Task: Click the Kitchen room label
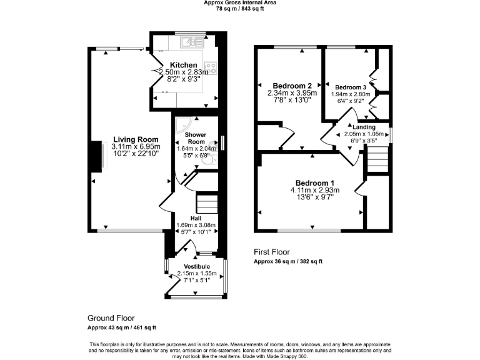pyautogui.click(x=184, y=65)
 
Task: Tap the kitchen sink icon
pyautogui.click(x=188, y=42)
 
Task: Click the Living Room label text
pyautogui.click(x=136, y=139)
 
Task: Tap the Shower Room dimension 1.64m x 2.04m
pyautogui.click(x=196, y=149)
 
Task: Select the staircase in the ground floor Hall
pyautogui.click(x=206, y=203)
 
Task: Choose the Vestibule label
pyautogui.click(x=196, y=266)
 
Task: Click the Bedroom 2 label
pyautogui.click(x=292, y=86)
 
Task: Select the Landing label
pyautogui.click(x=364, y=127)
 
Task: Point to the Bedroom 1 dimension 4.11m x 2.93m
pyautogui.click(x=314, y=190)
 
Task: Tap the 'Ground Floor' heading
pyautogui.click(x=111, y=317)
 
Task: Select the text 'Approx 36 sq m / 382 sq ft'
pyautogui.click(x=288, y=262)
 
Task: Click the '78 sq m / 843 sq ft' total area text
pyautogui.click(x=239, y=9)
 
